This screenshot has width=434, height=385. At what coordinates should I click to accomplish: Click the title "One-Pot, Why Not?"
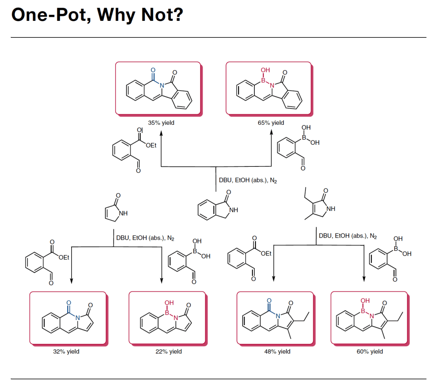coord(97,16)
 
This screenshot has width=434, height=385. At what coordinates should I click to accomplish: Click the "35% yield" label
coord(161,123)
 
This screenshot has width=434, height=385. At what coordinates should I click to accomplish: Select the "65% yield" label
coord(271,123)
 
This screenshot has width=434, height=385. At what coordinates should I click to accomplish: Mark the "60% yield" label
coord(370,351)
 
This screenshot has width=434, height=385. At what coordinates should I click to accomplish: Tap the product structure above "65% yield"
coord(269,89)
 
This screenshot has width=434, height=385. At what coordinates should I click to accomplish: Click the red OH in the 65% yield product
coord(265,70)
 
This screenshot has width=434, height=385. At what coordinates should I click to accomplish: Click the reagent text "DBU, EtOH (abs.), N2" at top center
coord(248,180)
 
